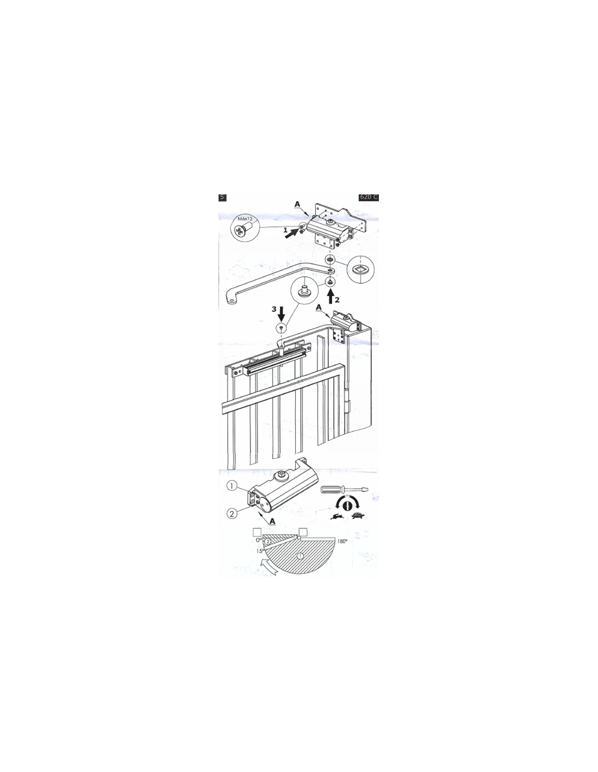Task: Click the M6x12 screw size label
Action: [245, 219]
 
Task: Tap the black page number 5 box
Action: [222, 197]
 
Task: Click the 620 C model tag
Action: [369, 197]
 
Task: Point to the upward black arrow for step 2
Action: [331, 297]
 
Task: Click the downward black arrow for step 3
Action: [282, 313]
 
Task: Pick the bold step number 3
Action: [274, 309]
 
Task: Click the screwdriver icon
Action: [344, 490]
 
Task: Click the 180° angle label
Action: [342, 541]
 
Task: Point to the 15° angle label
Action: [260, 551]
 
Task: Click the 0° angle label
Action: [259, 540]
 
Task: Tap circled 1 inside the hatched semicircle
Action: [300, 556]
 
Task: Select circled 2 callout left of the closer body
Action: [232, 514]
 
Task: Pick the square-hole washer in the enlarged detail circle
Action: [360, 270]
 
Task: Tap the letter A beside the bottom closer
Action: [272, 521]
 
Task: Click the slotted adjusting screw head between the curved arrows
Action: [348, 504]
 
